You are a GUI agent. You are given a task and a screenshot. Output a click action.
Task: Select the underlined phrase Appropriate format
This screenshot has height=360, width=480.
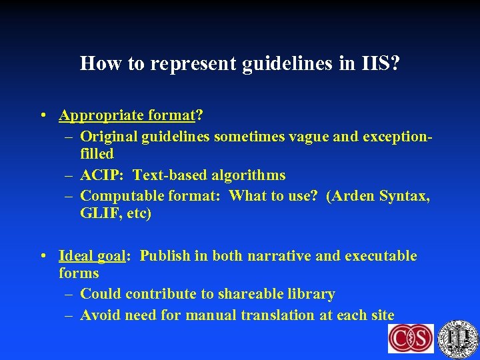(126, 115)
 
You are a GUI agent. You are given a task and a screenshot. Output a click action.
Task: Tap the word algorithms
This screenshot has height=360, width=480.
(249, 175)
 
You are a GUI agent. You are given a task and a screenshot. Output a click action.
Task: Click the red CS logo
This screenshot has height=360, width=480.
(411, 339)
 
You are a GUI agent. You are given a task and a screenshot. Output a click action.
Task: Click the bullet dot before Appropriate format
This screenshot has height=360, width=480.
(43, 115)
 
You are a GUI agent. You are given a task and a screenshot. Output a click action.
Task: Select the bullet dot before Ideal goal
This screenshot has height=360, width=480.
(43, 256)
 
